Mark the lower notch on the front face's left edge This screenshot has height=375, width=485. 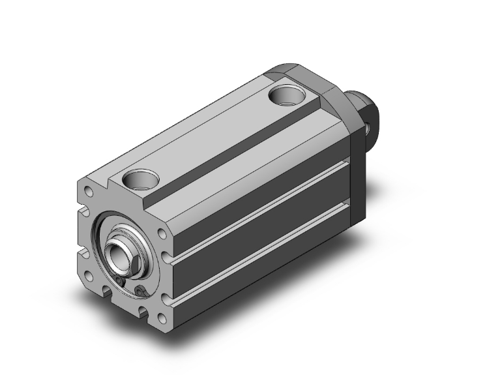(x=83, y=252)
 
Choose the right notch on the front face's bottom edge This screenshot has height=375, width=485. (x=142, y=309)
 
